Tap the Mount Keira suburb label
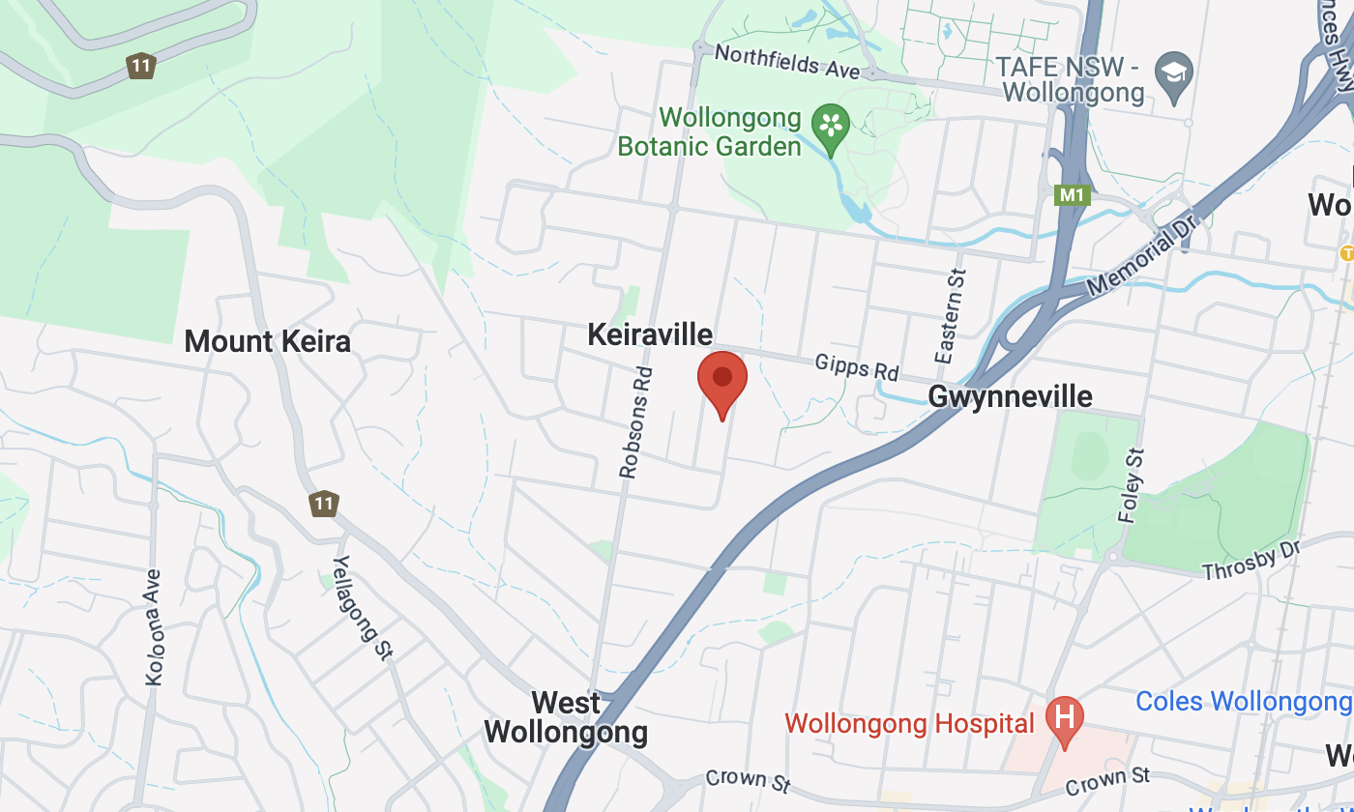(267, 341)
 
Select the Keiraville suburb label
(650, 335)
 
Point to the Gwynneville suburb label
(1010, 396)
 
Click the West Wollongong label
(566, 717)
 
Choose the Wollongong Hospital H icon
(1065, 718)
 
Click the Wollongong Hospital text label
(910, 723)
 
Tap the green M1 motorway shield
(1072, 195)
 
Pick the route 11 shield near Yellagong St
(323, 504)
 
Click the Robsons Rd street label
(636, 421)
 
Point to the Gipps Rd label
(857, 367)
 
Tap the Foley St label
(1132, 484)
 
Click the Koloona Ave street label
(154, 626)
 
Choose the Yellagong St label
(362, 608)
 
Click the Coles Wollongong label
(1244, 701)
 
